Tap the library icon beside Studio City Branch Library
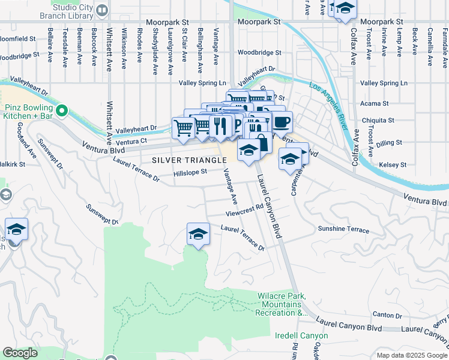102,10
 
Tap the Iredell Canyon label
301,335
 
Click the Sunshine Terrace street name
343,229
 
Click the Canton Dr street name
387,314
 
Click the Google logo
20,353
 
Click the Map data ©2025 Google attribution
411,355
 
